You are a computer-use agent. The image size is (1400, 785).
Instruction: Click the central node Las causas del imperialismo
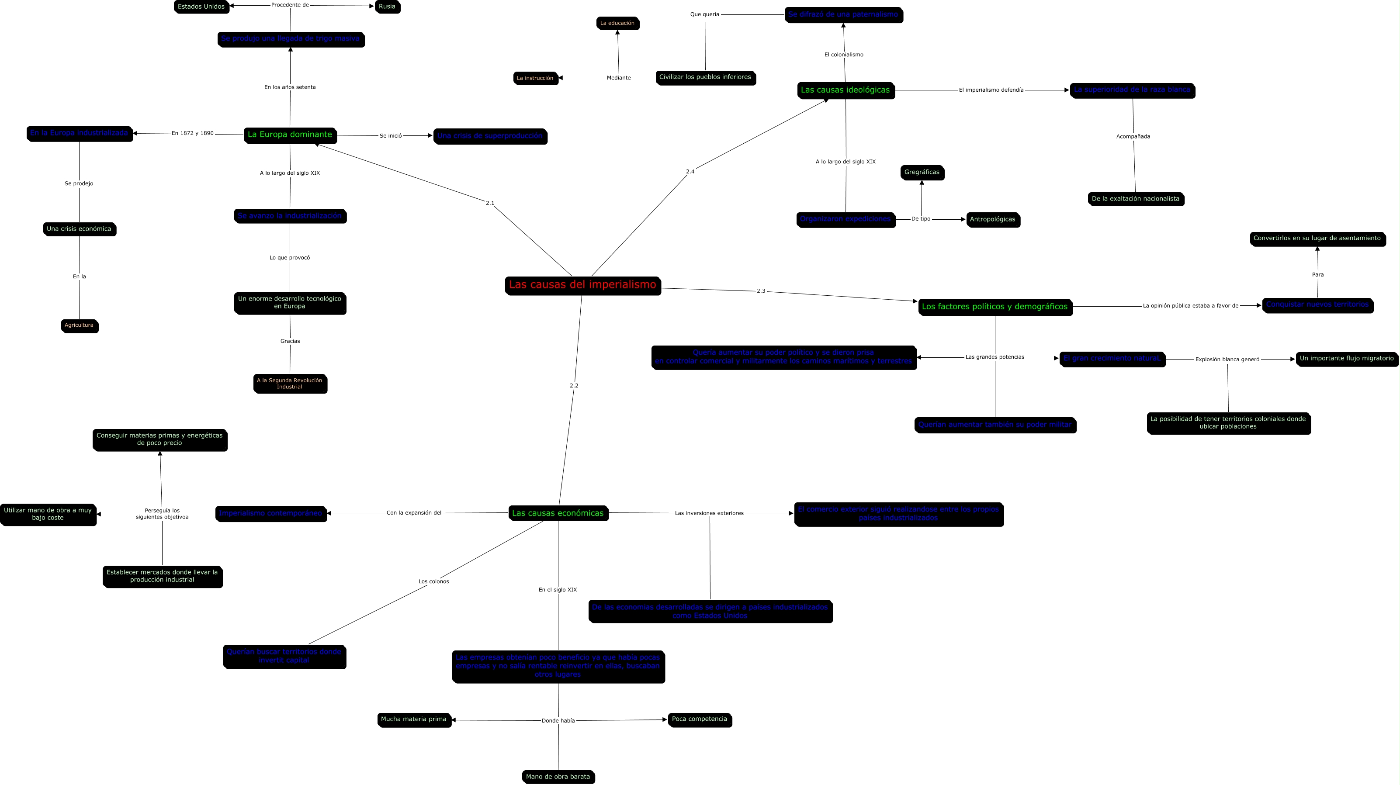tap(582, 285)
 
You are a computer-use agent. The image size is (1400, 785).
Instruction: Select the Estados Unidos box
tap(201, 7)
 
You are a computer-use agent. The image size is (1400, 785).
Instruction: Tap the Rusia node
tap(387, 7)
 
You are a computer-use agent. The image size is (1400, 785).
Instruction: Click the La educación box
tap(617, 23)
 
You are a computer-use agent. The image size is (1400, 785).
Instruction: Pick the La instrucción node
tap(535, 78)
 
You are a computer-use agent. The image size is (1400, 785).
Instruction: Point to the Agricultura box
tap(80, 325)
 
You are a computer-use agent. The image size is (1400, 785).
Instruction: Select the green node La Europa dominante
tap(290, 135)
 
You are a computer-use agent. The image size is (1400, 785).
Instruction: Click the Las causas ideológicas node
tap(845, 90)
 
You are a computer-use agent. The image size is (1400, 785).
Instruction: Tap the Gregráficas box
tap(922, 172)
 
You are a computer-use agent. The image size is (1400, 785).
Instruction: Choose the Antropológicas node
tap(992, 219)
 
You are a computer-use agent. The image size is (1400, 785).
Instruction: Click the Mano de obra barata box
tap(558, 777)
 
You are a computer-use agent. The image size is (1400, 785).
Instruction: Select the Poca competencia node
tap(700, 719)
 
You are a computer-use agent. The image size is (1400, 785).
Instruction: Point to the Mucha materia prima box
tap(414, 719)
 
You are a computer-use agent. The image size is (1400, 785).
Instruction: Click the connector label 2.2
tap(574, 386)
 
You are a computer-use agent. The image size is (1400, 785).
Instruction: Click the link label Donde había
tap(558, 721)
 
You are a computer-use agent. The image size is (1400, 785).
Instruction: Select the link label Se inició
tap(391, 136)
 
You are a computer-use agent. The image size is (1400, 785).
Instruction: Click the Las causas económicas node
tap(558, 513)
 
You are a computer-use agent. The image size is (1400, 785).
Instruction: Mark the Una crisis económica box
tap(80, 229)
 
